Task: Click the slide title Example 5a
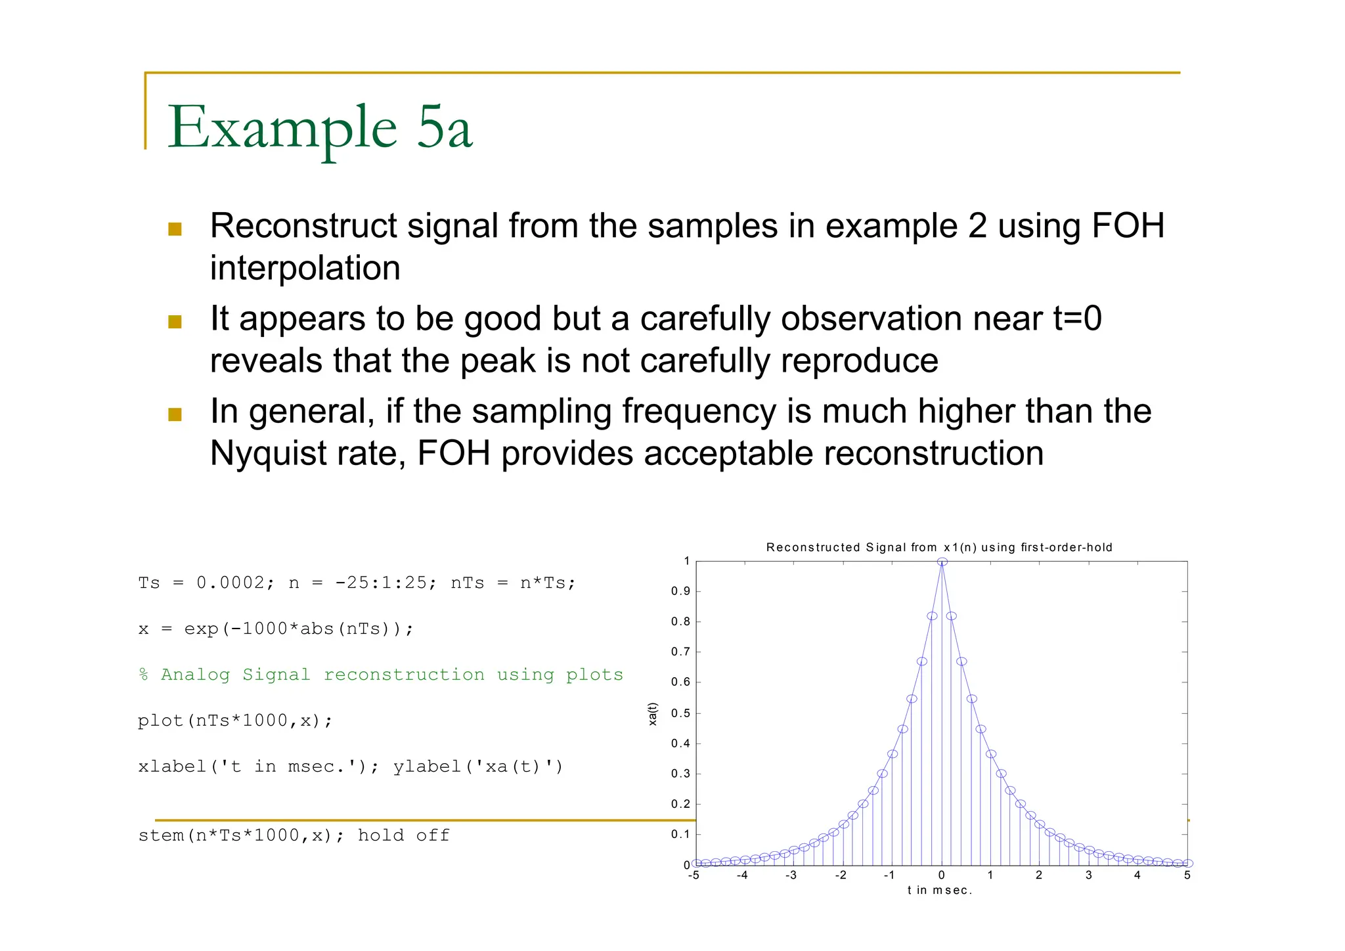tap(320, 127)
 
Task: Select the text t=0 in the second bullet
tap(1077, 319)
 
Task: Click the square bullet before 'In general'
tap(175, 414)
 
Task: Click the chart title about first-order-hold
tap(938, 547)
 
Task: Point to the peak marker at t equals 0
tap(942, 562)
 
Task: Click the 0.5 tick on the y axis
tap(680, 713)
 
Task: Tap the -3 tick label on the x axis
tap(791, 875)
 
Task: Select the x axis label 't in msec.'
tap(939, 891)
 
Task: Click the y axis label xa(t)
tap(652, 714)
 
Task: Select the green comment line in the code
tap(380, 675)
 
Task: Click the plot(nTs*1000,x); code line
tap(235, 721)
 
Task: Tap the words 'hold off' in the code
tap(403, 835)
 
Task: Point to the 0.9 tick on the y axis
tap(680, 591)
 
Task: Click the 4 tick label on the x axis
tap(1137, 875)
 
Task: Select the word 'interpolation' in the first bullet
tap(305, 269)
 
